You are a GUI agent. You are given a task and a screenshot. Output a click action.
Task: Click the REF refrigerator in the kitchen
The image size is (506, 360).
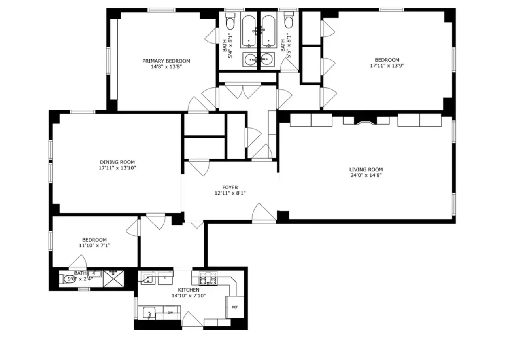pos(235,307)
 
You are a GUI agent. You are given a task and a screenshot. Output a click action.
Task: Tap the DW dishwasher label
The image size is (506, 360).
pos(170,313)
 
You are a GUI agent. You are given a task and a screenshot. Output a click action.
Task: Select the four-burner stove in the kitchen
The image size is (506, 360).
pos(208,279)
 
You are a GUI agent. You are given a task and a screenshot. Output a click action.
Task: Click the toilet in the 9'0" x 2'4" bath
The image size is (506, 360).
pos(68,279)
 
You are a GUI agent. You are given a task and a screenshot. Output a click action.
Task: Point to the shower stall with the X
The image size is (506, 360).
pos(113,278)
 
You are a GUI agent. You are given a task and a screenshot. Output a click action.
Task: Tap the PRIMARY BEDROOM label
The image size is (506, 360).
pos(166,61)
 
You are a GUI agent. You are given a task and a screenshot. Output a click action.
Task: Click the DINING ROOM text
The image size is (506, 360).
pos(117,162)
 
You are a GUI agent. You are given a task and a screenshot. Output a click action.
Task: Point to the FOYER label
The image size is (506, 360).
pos(230,188)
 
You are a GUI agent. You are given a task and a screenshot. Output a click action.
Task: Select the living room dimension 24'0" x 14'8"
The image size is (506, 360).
pos(366,175)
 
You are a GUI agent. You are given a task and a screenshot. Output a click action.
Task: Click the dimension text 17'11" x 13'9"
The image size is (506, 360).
pos(387,66)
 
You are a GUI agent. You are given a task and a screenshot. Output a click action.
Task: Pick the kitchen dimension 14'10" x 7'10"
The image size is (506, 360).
pos(189,296)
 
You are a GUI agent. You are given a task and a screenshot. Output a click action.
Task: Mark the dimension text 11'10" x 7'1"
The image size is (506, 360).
pos(94,245)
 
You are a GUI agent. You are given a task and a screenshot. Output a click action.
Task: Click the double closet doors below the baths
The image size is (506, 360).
pos(240,91)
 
